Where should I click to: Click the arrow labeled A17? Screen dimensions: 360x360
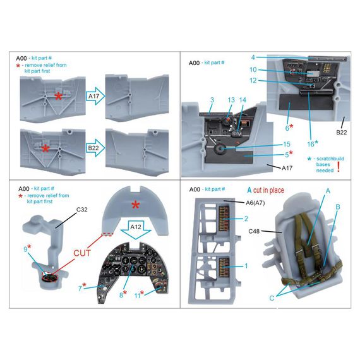pos(95,96)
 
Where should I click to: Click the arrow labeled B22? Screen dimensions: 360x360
pos(95,148)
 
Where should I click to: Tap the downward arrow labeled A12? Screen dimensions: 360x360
pos(136,230)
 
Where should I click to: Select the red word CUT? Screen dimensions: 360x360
pos(82,253)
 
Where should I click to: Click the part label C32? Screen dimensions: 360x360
pos(81,210)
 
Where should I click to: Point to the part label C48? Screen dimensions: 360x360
pos(254,231)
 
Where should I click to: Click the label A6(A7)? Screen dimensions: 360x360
pos(255,203)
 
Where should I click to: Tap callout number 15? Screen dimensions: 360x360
pos(287,144)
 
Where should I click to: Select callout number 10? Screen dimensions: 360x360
pos(253,69)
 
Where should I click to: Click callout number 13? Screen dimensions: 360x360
pos(231,100)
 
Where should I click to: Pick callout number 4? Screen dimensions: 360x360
pos(253,57)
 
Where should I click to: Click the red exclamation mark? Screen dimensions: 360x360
pos(338,167)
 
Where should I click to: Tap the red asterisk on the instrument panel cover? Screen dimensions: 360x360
pos(135,205)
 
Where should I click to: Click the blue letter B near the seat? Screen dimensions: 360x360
pos(338,207)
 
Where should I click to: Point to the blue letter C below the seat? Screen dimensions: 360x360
pos(272,298)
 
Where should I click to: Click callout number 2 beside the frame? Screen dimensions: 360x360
pos(246,219)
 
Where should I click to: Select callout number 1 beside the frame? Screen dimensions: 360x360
pos(246,266)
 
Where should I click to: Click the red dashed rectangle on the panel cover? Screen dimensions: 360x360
pos(107,234)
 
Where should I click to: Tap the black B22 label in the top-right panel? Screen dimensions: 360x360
pos(342,132)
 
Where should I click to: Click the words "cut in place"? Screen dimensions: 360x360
pos(268,190)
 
